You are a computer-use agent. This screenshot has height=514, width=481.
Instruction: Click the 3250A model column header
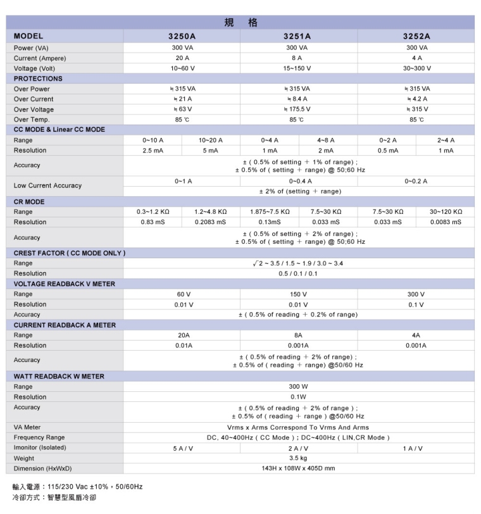(182, 36)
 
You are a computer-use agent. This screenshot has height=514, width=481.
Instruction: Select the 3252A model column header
(416, 36)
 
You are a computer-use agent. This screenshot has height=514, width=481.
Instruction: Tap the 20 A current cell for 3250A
(182, 58)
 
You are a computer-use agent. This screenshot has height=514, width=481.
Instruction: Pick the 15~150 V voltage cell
(297, 68)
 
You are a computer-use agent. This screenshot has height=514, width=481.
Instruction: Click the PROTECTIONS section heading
(39, 78)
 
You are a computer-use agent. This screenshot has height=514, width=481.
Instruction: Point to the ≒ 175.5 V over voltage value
(297, 110)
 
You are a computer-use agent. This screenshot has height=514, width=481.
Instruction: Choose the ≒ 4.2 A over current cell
(416, 99)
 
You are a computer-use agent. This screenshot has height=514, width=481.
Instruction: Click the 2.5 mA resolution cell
(153, 151)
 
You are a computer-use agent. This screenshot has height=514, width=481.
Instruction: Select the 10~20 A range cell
(211, 140)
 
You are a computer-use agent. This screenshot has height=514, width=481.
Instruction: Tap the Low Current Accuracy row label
(47, 185)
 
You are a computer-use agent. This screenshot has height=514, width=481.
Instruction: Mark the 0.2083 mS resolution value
(211, 222)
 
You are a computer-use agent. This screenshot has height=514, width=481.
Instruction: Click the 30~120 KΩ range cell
(446, 211)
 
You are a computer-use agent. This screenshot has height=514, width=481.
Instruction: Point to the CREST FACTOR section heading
(70, 253)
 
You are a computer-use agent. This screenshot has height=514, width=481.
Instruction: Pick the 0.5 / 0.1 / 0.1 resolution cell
(298, 273)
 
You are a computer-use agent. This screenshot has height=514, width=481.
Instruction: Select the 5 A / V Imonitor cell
(182, 448)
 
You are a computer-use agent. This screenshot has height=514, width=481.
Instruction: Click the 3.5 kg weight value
(298, 458)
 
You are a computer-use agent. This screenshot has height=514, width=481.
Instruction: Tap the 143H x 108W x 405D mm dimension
(298, 468)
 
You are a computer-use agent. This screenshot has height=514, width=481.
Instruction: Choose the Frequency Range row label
(39, 437)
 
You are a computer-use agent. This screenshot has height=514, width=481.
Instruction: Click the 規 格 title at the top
(240, 23)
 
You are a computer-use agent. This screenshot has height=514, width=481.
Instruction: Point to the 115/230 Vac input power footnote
(77, 487)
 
